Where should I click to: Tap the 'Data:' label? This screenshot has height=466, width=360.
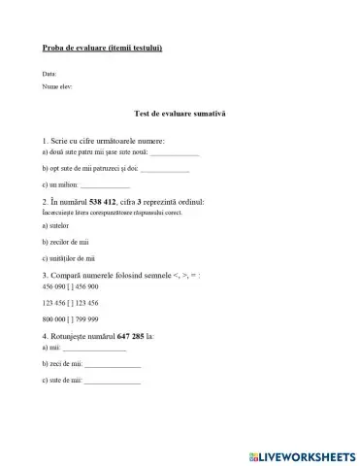click(x=50, y=75)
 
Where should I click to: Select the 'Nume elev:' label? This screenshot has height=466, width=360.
click(x=58, y=86)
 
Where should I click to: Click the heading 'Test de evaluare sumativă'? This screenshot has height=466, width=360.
click(x=180, y=115)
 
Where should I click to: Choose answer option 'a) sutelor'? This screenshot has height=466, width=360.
click(x=58, y=225)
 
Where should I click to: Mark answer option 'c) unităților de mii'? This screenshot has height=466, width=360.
click(x=71, y=258)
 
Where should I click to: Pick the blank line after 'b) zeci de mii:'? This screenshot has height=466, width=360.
click(x=112, y=364)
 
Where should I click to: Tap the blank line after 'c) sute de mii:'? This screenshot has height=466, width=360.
click(x=113, y=381)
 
